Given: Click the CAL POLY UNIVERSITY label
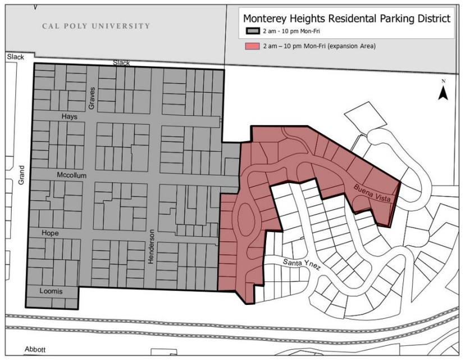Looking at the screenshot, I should point(97,26).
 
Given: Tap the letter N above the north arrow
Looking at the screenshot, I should point(442,82).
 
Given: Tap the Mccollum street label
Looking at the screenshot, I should point(71,175).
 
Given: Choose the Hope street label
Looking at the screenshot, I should point(50,233).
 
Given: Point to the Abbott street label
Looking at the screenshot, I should point(34,349).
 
